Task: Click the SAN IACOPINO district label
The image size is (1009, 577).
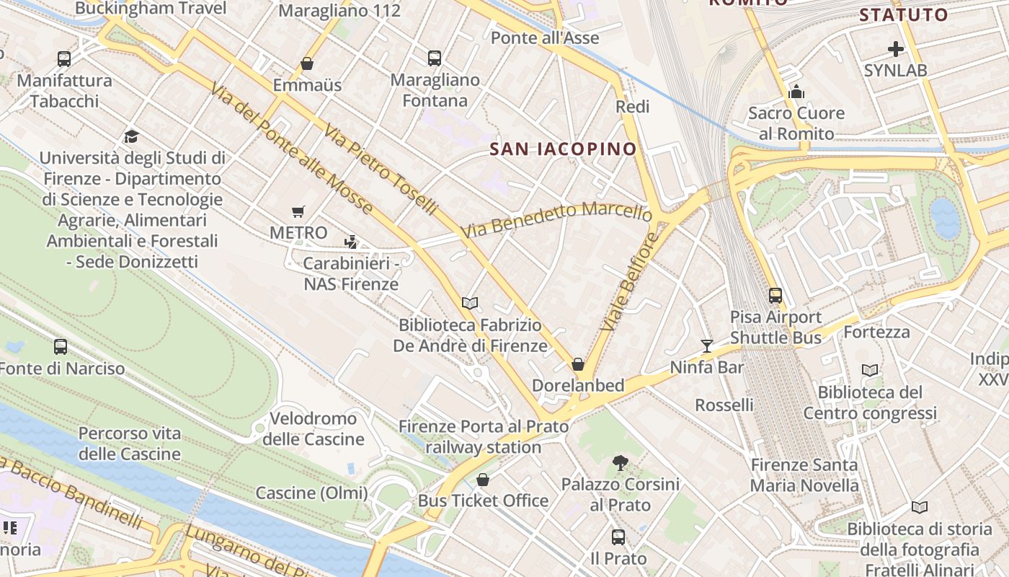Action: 563,149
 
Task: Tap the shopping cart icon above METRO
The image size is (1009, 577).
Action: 298,212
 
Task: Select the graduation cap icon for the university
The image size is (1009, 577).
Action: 131,136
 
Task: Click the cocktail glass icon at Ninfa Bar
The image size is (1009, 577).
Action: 707,346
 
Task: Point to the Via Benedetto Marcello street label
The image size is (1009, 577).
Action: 556,219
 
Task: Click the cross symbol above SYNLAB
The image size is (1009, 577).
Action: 896,49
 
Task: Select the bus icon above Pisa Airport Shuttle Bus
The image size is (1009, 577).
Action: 775,295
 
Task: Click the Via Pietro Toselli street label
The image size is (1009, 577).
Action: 381,170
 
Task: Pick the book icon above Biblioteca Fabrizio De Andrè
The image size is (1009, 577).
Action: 470,304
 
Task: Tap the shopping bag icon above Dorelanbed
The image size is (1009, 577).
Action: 577,364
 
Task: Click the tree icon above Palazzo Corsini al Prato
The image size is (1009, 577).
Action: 620,462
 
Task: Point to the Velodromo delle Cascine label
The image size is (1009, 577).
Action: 313,428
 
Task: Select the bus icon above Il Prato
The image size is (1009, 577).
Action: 618,537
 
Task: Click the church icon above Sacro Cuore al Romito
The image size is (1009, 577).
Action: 796,92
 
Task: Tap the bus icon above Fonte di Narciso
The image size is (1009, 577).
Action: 61,347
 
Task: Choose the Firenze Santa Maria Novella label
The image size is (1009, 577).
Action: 804,475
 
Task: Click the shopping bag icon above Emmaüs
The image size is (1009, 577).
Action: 307,63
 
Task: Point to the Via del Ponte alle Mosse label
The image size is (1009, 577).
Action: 292,149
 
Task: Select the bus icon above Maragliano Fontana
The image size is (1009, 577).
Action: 434,58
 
